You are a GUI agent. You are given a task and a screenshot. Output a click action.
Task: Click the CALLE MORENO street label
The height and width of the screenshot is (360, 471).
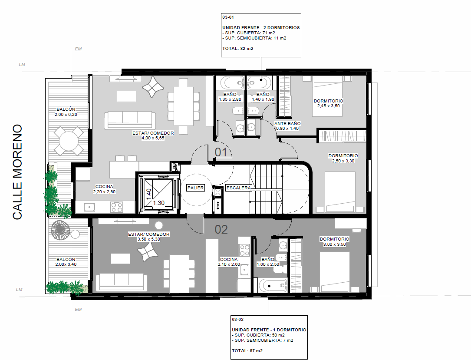click(x=17, y=172)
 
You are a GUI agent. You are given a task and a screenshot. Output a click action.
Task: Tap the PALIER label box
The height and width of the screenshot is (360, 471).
click(x=195, y=188)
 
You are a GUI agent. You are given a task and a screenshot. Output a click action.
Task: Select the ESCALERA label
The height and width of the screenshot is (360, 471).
click(x=238, y=188)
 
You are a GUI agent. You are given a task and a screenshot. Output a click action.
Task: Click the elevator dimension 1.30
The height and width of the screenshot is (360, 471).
click(x=158, y=203)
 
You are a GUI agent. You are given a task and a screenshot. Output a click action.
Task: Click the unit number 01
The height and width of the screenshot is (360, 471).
click(x=221, y=152)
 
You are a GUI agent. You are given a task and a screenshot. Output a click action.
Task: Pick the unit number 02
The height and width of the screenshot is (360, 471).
click(x=221, y=230)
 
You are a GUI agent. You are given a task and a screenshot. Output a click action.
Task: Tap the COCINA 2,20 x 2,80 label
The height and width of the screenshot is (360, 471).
click(x=104, y=189)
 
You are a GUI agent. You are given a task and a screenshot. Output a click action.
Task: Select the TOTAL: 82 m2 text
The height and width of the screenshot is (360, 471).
click(x=237, y=48)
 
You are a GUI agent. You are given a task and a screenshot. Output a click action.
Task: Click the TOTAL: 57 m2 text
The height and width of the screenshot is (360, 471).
click(x=247, y=351)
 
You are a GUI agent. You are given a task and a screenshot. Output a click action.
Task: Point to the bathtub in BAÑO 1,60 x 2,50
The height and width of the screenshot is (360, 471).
click(x=273, y=286)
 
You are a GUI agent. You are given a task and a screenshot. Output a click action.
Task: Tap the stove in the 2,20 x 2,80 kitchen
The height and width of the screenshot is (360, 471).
click(x=116, y=207)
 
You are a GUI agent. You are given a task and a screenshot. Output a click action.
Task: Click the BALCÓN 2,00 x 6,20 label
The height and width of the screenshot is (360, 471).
click(x=66, y=112)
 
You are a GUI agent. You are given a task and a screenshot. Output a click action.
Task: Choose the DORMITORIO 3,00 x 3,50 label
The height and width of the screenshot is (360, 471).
click(x=334, y=241)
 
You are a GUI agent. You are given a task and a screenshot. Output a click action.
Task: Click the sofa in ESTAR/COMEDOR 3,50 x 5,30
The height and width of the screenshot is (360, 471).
click(x=122, y=283)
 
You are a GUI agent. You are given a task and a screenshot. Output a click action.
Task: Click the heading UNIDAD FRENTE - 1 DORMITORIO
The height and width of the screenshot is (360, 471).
click(x=269, y=330)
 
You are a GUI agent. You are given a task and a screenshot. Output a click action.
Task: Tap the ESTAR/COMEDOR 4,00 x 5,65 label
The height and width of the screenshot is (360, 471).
click(x=153, y=135)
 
